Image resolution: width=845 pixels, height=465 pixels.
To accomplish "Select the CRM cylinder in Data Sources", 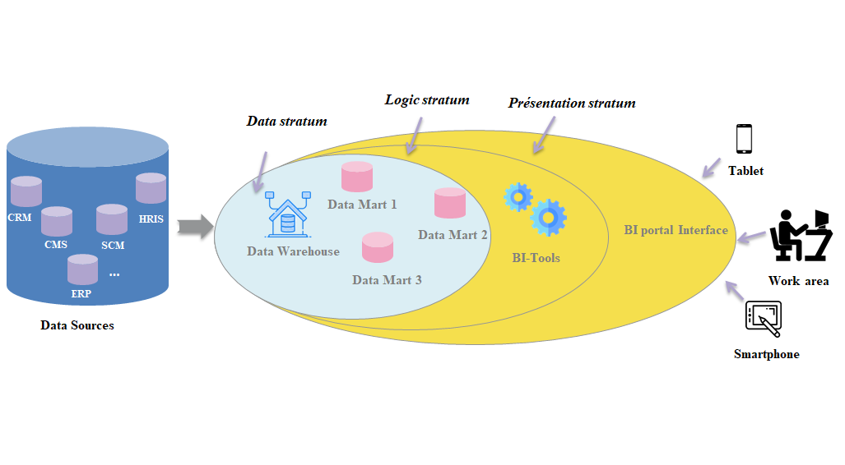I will (x=26, y=192).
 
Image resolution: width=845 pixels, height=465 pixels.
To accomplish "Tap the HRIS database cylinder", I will (x=151, y=189).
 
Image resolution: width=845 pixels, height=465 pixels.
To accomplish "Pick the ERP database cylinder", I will (x=82, y=269).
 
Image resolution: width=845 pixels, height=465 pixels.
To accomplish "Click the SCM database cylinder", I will (x=112, y=220).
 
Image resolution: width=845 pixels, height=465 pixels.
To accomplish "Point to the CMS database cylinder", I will (x=56, y=222).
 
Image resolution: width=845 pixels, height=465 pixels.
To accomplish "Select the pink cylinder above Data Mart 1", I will (x=357, y=177).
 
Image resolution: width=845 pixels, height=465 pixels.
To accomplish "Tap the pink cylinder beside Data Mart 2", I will (x=450, y=203).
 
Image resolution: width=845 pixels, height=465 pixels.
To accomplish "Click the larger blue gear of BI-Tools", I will (x=547, y=218).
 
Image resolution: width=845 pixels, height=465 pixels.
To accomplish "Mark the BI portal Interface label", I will (x=676, y=230).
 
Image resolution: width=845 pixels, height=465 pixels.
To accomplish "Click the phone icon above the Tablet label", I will (x=744, y=139).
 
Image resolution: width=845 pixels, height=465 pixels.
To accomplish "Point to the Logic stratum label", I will (x=427, y=100).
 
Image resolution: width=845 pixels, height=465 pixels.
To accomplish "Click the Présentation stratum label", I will (x=572, y=104).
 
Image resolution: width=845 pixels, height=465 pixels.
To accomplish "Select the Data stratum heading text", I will (x=287, y=122).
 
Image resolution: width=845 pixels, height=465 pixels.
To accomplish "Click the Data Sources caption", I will (x=77, y=325).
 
